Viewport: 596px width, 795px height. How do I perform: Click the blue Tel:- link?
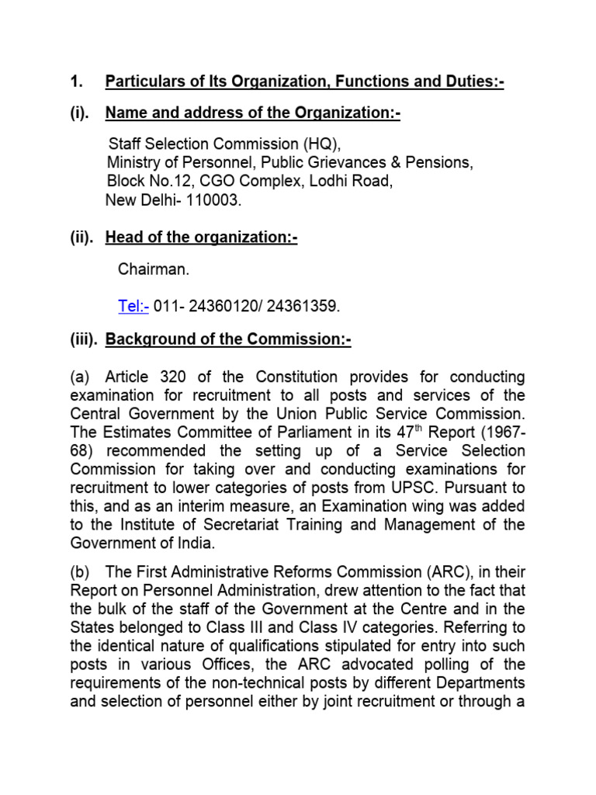(x=133, y=306)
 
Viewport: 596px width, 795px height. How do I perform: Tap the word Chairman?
(x=153, y=269)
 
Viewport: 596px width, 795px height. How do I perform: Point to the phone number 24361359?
(x=303, y=306)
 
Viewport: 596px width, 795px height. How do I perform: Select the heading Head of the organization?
(x=201, y=238)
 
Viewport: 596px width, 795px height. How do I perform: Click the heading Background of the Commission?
(x=227, y=340)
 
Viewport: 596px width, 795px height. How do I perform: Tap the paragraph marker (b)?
(x=80, y=571)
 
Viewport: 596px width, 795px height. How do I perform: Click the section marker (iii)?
(x=83, y=340)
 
